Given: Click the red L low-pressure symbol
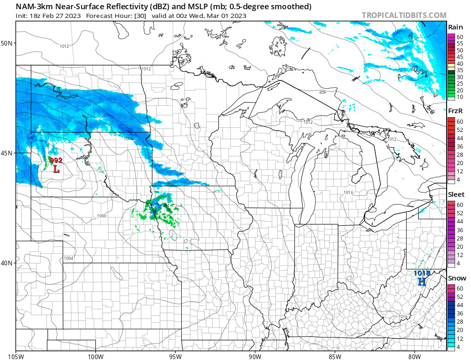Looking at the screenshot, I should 56,169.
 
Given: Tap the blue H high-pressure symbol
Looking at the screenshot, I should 421,281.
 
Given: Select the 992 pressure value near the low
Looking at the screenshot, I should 56,160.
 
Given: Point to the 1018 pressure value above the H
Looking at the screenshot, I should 421,273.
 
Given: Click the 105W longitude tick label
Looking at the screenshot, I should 16,356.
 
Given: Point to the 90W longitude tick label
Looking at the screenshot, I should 255,356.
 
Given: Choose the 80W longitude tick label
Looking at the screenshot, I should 414,356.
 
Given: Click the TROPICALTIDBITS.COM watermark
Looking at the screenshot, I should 404,15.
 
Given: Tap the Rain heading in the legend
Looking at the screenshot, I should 455,27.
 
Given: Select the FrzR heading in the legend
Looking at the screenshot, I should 455,111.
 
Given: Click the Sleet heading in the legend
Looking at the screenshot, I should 456,194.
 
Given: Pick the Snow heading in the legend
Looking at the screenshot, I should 457,278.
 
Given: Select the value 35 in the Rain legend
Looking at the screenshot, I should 460,70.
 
